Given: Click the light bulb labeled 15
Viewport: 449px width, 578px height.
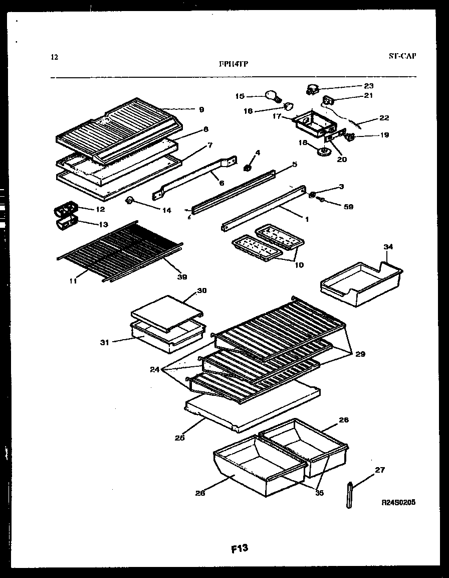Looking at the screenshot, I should (272, 95).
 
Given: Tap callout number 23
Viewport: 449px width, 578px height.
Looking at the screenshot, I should (369, 86).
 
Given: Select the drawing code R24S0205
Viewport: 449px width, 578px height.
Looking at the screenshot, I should (398, 502).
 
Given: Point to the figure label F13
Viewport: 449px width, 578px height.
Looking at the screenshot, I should (239, 548).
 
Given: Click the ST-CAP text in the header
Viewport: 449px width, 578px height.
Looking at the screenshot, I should (402, 56).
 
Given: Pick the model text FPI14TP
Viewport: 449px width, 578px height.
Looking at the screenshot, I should (234, 64).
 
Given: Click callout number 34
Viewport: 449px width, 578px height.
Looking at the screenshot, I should (388, 247).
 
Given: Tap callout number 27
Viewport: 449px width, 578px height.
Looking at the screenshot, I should (380, 470).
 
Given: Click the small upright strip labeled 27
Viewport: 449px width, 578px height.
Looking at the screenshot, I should (349, 495).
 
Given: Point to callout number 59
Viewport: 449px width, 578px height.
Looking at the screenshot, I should (348, 206).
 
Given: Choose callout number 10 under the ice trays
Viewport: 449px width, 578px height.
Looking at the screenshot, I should (299, 264).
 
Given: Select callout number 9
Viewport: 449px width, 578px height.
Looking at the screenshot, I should (201, 109).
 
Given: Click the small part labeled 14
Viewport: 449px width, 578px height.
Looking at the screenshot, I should (130, 201).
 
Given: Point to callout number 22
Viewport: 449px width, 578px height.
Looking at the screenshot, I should (384, 118).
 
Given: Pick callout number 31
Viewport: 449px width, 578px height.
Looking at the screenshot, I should (104, 343).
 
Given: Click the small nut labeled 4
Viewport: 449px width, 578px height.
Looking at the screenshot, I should (247, 167).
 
